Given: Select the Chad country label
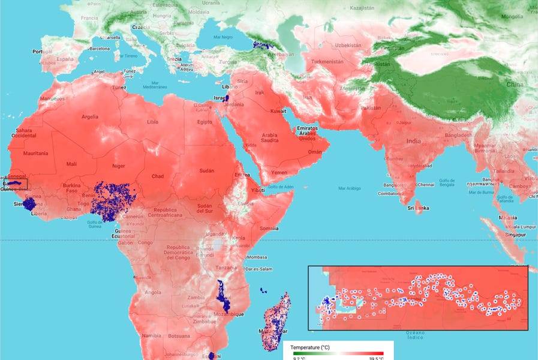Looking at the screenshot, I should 158,176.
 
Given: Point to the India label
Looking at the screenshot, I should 413,142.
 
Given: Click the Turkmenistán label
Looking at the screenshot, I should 324,61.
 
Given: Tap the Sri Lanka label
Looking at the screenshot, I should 418,208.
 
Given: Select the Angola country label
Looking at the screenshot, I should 153,292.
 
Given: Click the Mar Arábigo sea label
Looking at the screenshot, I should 349,188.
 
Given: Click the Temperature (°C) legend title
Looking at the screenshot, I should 309,347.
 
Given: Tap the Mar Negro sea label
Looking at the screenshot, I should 221,37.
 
